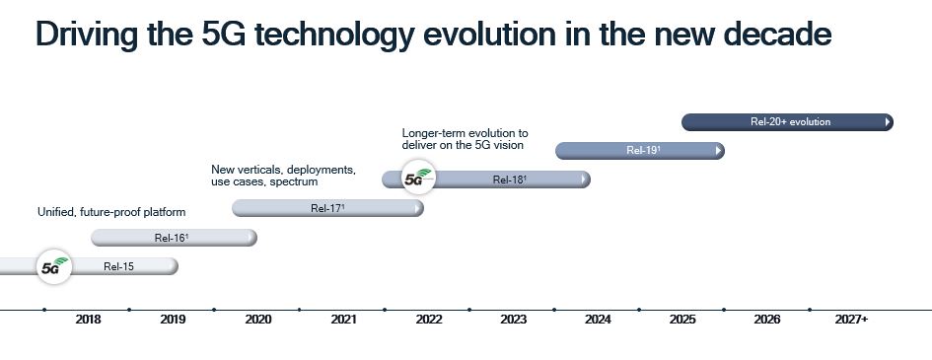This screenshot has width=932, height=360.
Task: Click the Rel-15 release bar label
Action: [118, 266]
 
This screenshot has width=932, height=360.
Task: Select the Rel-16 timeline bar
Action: [174, 238]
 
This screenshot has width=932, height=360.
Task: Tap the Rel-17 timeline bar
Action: [327, 208]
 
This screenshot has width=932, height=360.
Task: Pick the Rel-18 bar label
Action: [510, 180]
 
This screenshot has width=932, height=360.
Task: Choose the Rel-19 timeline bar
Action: [643, 151]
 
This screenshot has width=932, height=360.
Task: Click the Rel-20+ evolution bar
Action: [790, 122]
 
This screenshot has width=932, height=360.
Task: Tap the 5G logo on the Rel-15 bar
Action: [53, 267]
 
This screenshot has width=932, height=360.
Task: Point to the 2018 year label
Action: [88, 320]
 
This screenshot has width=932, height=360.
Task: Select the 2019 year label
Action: [173, 320]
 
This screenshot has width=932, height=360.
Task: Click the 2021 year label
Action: [343, 320]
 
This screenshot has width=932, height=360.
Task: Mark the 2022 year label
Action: [428, 320]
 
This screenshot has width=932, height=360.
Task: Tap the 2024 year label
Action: [598, 320]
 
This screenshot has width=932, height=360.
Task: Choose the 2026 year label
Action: [767, 320]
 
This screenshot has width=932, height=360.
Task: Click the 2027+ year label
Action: [851, 320]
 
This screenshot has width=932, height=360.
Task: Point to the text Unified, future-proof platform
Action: [111, 212]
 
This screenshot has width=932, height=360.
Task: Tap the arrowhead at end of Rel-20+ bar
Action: [888, 122]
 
